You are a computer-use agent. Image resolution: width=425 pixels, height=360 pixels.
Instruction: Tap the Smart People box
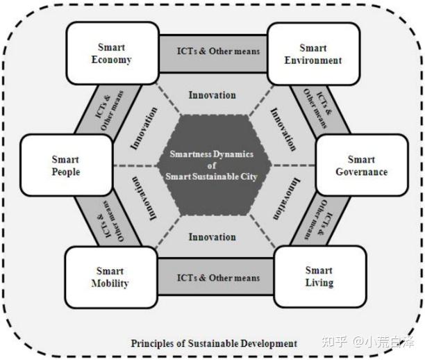point(66,165)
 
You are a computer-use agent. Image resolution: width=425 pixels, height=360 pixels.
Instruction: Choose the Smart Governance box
point(360,165)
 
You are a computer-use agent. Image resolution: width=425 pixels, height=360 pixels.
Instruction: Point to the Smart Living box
point(319,277)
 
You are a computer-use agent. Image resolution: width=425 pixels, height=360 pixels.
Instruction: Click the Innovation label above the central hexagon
point(212,95)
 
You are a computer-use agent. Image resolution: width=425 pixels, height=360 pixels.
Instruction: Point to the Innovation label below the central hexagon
point(212,237)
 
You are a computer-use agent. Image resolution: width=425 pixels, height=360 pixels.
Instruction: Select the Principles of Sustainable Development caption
point(214,343)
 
